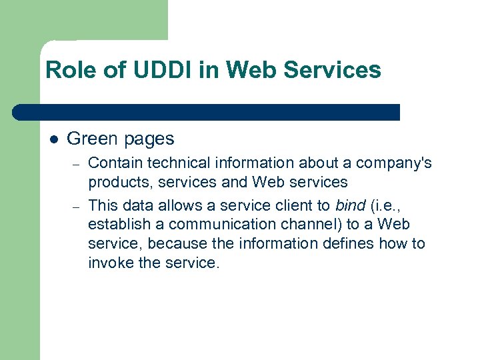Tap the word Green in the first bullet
pyautogui.click(x=91, y=139)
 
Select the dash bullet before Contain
pyautogui.click(x=77, y=163)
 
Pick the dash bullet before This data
pyautogui.click(x=77, y=206)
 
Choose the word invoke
pyautogui.click(x=109, y=263)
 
